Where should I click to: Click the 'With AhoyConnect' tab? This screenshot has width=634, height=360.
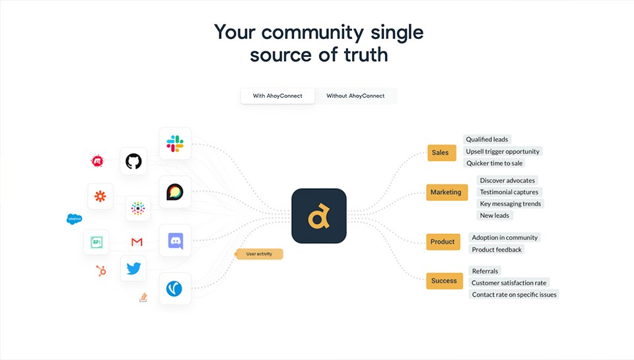point(277,96)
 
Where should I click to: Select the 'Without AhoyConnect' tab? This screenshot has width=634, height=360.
point(355,96)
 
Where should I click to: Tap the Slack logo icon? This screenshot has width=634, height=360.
point(175,143)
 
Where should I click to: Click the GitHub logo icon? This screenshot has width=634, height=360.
point(133,161)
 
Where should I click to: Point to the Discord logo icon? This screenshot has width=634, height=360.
point(175,240)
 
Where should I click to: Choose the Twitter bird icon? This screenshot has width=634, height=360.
point(133,268)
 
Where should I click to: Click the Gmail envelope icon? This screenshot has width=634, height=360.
point(137,242)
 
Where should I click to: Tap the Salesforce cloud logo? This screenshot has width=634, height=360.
point(74,219)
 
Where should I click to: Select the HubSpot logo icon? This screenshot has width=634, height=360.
point(101,270)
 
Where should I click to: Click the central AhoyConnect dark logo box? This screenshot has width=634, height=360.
point(319,215)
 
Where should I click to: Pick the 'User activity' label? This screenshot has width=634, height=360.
point(259,254)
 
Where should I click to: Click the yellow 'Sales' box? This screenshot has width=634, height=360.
point(440,153)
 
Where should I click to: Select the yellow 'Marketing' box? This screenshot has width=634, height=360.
point(446,192)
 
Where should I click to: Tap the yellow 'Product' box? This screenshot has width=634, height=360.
point(442,242)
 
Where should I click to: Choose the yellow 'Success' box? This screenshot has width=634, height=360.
point(444,281)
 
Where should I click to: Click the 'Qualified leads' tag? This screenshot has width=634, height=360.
point(487,139)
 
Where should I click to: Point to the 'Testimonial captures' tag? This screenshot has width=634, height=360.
point(509,192)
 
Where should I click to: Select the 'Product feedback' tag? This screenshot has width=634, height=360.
point(497,250)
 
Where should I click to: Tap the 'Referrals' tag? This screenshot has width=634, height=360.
point(485,271)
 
